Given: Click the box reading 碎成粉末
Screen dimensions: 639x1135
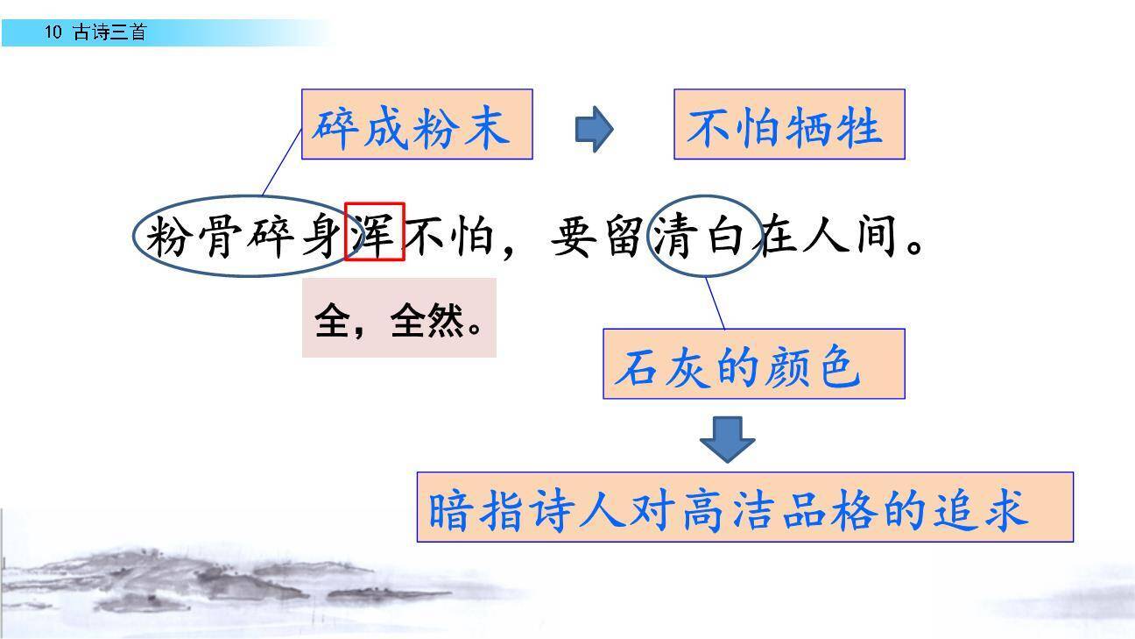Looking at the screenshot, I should point(417,124).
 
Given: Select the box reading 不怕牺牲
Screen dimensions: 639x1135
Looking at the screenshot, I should point(788,124).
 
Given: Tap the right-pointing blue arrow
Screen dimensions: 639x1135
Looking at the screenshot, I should point(594,130).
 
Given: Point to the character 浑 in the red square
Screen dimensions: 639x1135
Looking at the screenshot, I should point(374,233).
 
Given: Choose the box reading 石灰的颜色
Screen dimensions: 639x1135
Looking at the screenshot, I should point(753,364).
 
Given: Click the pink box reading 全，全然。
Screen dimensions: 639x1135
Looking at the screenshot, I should point(398,318).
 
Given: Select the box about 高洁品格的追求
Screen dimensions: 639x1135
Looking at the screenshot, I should point(744,507).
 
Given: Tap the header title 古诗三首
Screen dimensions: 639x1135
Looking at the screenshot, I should point(109,33).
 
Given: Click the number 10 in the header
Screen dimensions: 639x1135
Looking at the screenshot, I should point(53,33).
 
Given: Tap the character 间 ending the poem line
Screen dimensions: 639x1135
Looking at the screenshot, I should point(878,236).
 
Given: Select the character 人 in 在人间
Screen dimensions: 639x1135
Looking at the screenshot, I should point(827,236).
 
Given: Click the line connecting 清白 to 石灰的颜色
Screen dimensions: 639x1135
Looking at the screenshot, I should point(716,303).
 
